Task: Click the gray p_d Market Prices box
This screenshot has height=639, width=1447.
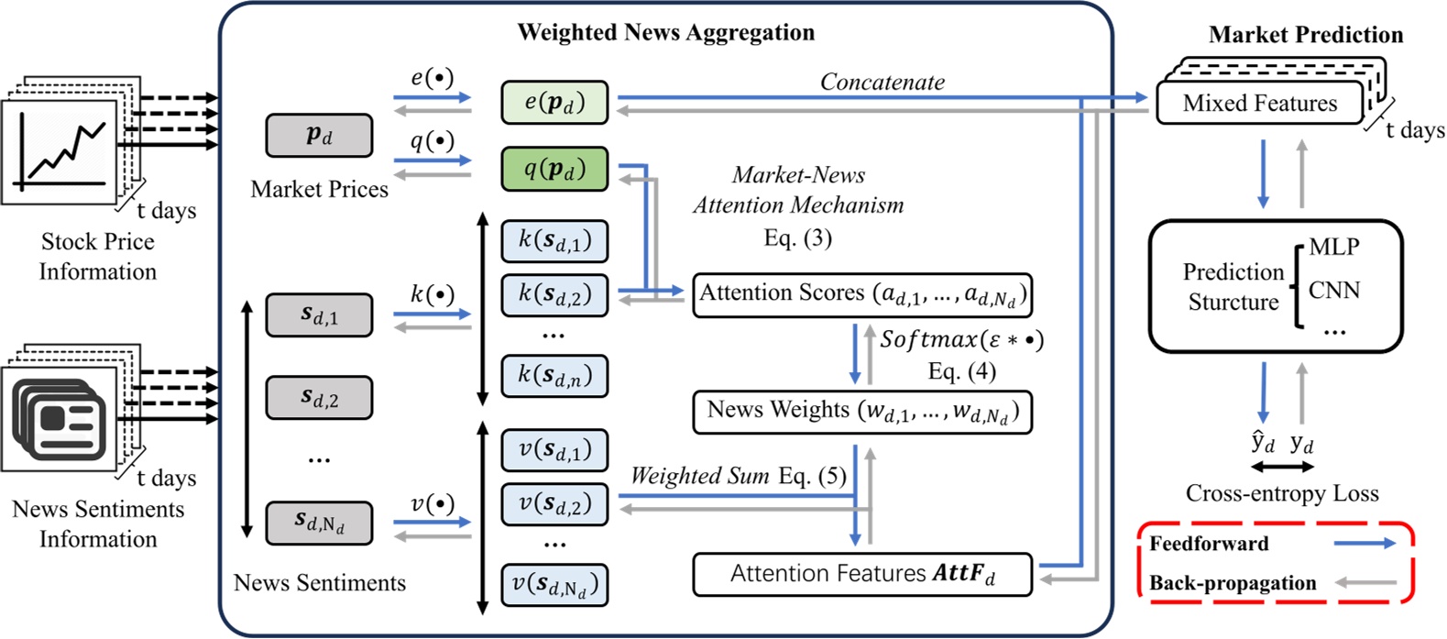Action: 319,136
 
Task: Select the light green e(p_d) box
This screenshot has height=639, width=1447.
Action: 554,103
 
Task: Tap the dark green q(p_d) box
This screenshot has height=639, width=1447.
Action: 554,170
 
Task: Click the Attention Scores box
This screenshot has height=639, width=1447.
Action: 861,294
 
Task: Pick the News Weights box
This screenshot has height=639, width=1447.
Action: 861,411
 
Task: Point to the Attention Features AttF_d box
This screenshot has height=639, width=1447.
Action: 861,575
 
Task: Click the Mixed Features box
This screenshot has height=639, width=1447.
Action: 1260,104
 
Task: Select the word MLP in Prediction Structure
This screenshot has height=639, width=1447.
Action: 1333,248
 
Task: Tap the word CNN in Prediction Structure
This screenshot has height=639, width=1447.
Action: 1333,291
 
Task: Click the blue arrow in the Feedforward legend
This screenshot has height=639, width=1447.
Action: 1364,544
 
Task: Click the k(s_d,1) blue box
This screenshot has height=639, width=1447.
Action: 554,241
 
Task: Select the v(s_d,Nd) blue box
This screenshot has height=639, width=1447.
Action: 554,585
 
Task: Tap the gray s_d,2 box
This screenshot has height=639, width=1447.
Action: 319,398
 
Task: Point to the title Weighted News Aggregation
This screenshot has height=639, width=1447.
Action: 665,33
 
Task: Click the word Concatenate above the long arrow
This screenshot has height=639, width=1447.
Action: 882,83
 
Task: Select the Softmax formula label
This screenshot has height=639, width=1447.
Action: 961,340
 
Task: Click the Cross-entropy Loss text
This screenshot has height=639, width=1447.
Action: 1281,494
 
